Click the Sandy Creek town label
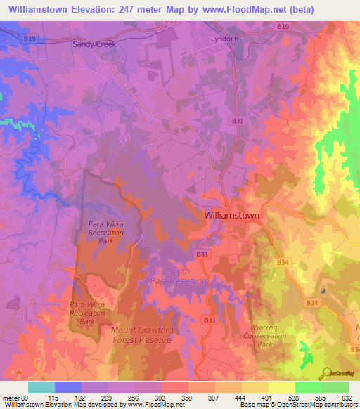pyautogui.click(x=94, y=44)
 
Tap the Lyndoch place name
pyautogui.click(x=225, y=39)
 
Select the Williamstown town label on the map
pyautogui.click(x=231, y=216)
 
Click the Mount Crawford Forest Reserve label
pyautogui.click(x=141, y=334)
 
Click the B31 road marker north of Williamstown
pyautogui.click(x=238, y=121)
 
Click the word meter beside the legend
pyautogui.click(x=10, y=397)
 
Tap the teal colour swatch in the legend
pyautogui.click(x=41, y=387)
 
